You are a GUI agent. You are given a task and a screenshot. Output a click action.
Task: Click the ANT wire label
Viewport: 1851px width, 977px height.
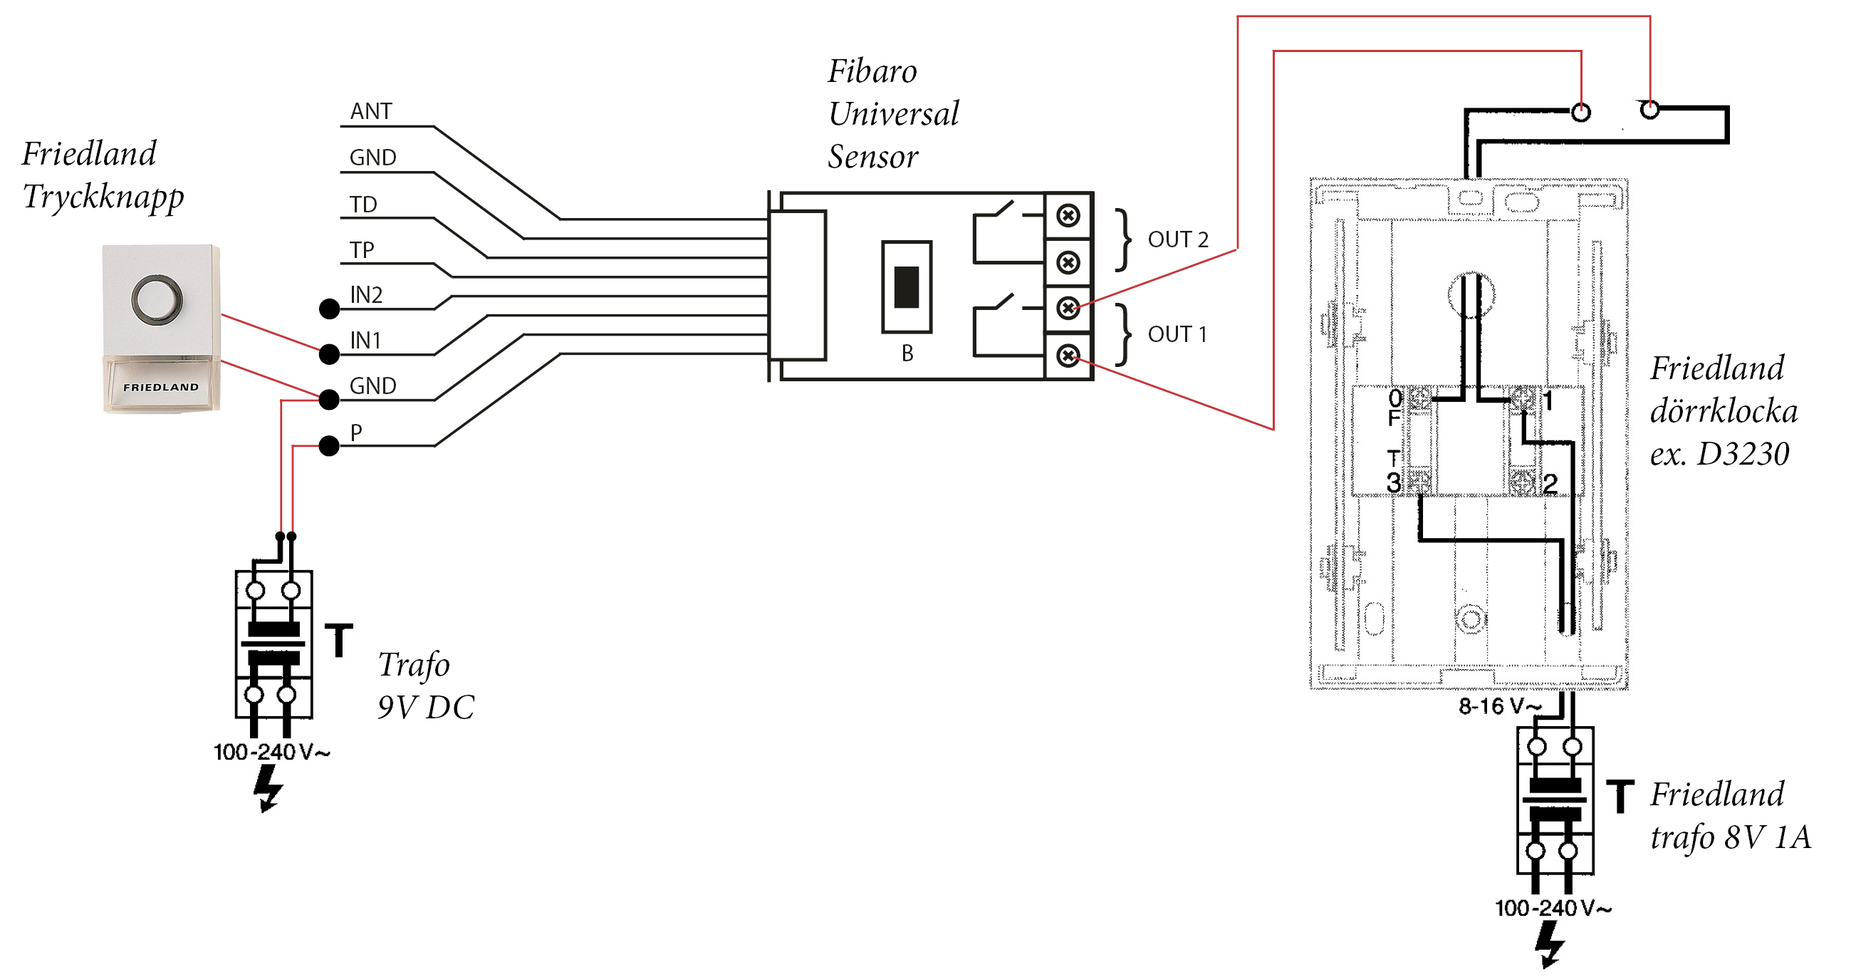[371, 111]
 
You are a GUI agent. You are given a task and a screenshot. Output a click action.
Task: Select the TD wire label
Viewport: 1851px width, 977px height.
[363, 205]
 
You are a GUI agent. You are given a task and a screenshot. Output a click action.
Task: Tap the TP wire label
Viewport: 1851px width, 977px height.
[361, 250]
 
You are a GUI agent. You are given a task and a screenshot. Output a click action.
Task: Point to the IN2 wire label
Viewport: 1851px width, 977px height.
[366, 295]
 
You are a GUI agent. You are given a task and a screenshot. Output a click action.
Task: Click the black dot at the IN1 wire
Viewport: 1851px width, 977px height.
[329, 353]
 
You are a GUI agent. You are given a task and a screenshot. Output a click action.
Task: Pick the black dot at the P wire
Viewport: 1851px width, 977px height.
[329, 445]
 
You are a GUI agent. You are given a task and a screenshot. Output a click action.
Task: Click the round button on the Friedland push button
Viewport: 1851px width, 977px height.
[157, 299]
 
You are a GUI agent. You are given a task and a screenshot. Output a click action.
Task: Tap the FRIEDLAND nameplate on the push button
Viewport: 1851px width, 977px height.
[161, 387]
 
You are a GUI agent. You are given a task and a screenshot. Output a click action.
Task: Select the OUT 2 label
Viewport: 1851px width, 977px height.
[1178, 239]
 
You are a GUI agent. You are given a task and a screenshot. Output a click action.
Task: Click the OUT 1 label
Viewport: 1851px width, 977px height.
[1177, 334]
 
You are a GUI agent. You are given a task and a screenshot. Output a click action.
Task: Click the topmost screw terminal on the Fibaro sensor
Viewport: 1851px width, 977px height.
[1068, 216]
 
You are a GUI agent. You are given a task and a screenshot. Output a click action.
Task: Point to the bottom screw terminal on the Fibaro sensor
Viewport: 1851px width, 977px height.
[1068, 355]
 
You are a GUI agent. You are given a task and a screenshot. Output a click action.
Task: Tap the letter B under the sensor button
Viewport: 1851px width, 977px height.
[907, 353]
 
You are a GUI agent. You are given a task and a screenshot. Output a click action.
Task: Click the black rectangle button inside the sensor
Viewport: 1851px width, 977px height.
[906, 287]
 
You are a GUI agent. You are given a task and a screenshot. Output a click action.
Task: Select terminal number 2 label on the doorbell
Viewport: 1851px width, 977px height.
[1550, 484]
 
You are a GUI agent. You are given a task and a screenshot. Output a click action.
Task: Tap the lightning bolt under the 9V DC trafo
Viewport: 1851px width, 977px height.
[267, 788]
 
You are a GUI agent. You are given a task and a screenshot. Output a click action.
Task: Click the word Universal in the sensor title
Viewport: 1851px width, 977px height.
[893, 113]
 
